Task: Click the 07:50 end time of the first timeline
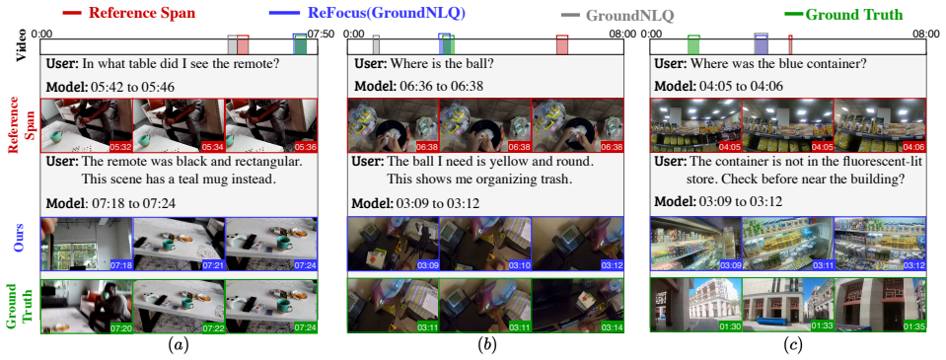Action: (x=320, y=34)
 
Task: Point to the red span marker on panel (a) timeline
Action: (x=243, y=45)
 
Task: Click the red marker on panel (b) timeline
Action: (x=561, y=45)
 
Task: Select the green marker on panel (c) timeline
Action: (x=693, y=45)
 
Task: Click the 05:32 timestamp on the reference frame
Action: (x=120, y=147)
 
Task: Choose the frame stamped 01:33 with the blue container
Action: (x=787, y=305)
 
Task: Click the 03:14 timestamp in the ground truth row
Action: (x=612, y=326)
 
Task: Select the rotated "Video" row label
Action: (x=21, y=45)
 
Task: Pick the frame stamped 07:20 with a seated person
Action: (x=86, y=306)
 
